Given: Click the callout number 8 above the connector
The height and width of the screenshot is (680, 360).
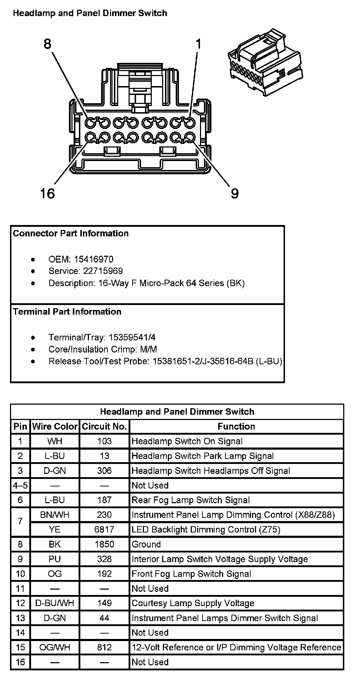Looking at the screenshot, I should coord(47,44).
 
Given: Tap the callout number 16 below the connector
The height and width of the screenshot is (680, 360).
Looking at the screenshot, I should coord(47,194).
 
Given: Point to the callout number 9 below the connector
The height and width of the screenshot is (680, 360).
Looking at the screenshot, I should coord(234,194).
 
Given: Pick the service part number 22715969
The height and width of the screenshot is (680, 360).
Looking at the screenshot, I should coord(103,271).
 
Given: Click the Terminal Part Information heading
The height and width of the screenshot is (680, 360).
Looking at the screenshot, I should coord(67,311).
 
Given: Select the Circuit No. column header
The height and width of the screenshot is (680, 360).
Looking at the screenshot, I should coord(104,426).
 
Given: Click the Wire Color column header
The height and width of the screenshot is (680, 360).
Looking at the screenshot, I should coord(55,426).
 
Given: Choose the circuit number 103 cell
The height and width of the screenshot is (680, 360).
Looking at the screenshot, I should coord(104,441).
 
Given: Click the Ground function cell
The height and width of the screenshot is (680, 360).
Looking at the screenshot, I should coord(146,544).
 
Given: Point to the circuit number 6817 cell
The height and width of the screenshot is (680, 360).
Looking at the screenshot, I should coord(104,529).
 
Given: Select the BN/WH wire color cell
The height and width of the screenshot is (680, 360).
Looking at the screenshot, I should coord(55,515).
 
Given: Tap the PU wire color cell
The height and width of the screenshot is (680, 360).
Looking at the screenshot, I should coord(55,559).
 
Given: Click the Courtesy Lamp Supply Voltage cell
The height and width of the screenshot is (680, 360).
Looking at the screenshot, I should coord(193,603).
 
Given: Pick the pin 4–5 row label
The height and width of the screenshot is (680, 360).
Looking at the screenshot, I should coord(20,485).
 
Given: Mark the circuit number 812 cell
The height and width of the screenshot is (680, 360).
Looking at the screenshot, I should coord(104,647).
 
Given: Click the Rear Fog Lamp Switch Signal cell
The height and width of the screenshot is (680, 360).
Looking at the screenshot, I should coord(191,500).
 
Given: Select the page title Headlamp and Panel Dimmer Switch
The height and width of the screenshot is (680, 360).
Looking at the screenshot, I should coord(90,14).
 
